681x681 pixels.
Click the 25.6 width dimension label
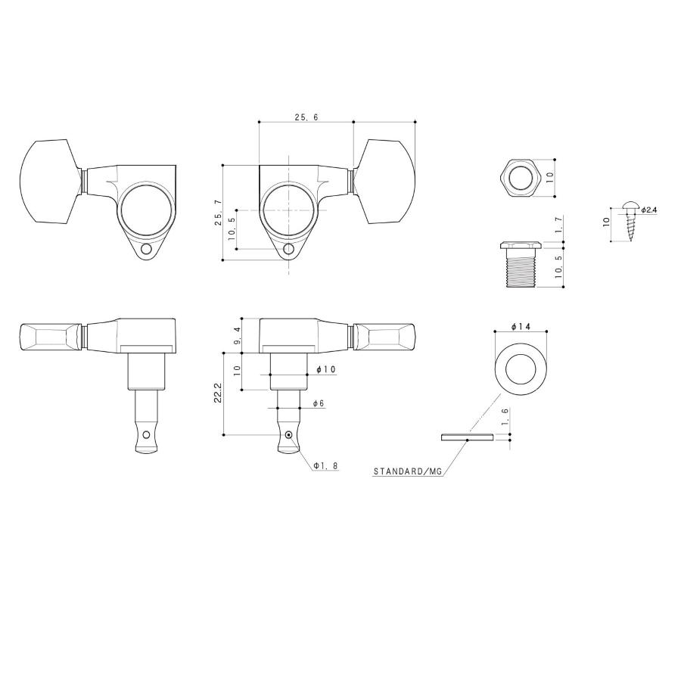(306, 117)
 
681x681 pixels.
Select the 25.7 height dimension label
(219, 213)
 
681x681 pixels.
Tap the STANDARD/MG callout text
(407, 471)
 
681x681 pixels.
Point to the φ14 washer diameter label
(521, 327)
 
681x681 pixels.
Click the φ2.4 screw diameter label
(649, 210)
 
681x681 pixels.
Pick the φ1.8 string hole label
(325, 465)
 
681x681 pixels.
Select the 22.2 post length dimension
(218, 393)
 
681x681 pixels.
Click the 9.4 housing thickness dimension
(236, 336)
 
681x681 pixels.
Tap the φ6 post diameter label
(319, 403)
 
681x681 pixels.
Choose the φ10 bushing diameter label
(327, 369)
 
